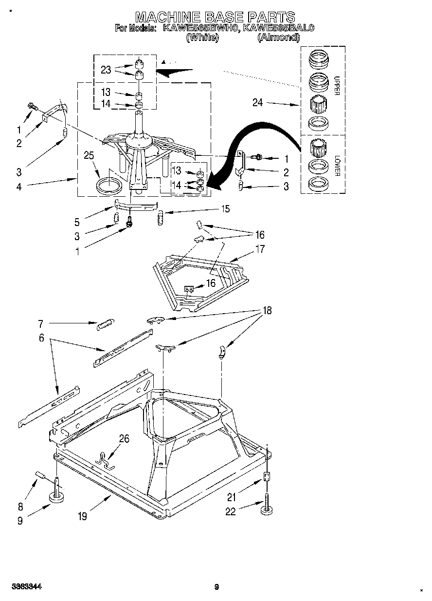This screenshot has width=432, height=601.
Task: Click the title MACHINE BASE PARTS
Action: click(215, 18)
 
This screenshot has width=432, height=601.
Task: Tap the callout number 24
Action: click(258, 102)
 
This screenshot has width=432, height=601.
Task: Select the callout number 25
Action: click(89, 156)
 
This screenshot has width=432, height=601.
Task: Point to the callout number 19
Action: click(82, 516)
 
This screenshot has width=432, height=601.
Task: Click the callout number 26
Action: click(124, 439)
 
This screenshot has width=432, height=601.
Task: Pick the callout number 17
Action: click(260, 249)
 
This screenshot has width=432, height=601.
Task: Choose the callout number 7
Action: click(41, 322)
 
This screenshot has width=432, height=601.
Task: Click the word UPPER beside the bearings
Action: click(336, 85)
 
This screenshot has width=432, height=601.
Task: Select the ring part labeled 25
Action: click(109, 186)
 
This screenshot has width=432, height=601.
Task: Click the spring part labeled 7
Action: click(106, 323)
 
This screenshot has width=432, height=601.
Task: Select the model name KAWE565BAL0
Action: click(279, 28)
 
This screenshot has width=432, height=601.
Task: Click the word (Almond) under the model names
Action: click(278, 37)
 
